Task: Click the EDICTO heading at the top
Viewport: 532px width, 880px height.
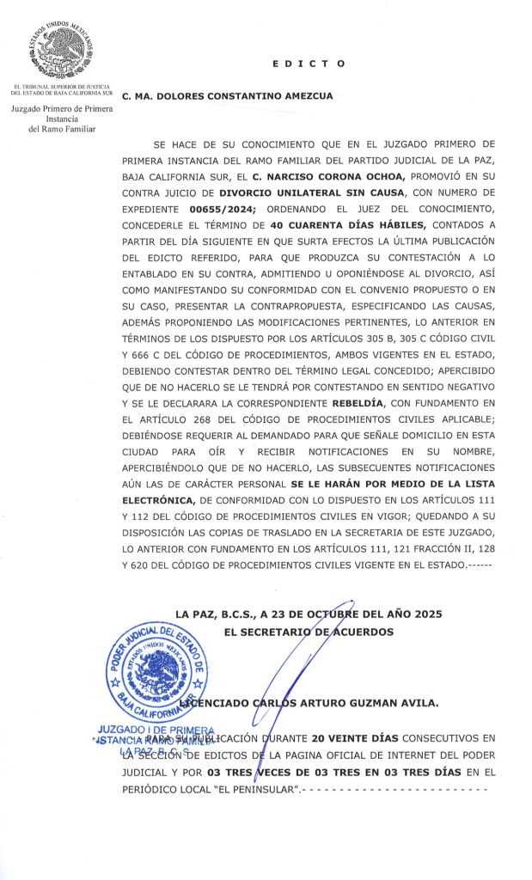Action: pos(309,64)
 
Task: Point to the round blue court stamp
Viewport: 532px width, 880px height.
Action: pos(156,672)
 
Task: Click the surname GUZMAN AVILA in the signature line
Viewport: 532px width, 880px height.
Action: pos(391,702)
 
